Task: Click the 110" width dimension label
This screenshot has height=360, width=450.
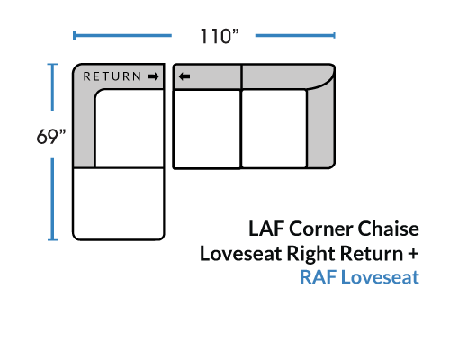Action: coord(220,36)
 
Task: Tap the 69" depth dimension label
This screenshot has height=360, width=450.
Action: coord(51,137)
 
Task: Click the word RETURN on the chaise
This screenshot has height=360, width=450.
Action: coord(112,76)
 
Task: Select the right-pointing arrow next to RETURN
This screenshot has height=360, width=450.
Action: coord(153,76)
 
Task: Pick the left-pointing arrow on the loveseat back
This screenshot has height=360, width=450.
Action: coord(184,76)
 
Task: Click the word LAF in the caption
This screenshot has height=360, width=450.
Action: coord(266,229)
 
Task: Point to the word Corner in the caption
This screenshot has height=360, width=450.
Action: coord(321,229)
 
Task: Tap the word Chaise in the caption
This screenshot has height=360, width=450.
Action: coord(389,229)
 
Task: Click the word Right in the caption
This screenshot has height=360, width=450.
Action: coord(311,254)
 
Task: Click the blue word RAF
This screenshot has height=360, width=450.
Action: coord(319,277)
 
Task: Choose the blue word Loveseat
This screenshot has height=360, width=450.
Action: coord(380,277)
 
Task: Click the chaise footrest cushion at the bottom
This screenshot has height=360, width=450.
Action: coord(119,204)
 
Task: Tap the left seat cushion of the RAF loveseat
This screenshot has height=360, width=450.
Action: coord(207,129)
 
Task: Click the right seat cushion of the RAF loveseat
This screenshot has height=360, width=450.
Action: coord(274,129)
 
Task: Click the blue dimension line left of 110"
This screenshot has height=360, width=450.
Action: coord(122,36)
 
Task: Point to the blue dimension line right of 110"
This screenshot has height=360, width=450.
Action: coord(295,36)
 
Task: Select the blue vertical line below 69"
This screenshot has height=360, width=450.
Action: coord(52,200)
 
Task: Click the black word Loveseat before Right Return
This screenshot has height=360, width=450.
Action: coord(241,254)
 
